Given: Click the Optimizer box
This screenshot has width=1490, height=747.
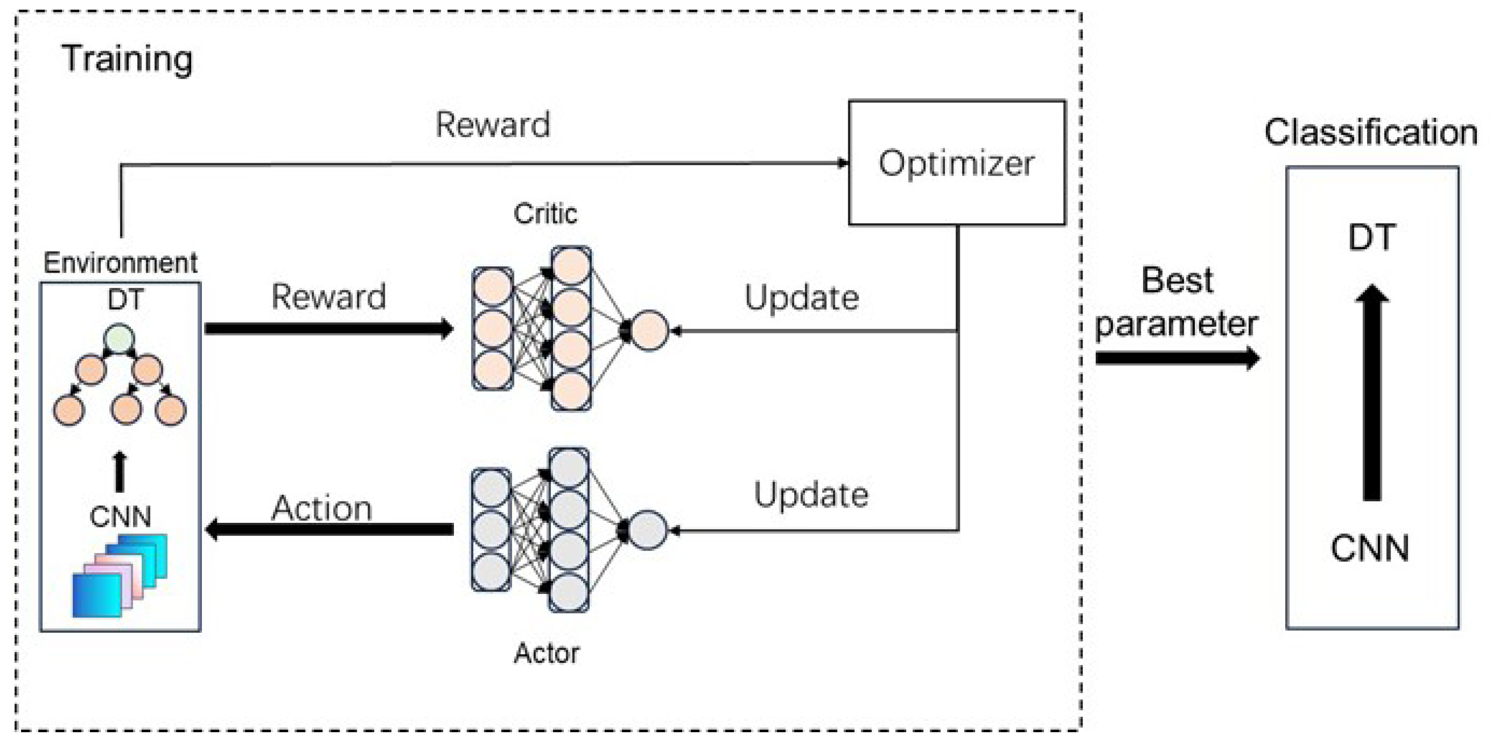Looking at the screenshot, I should point(956,163).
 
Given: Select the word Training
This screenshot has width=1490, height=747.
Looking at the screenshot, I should point(127,59).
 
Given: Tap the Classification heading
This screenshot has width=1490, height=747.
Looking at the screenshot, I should point(1371,132).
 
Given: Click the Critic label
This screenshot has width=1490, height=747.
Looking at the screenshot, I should point(545,213).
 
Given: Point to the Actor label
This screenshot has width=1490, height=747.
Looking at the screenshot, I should point(546,653).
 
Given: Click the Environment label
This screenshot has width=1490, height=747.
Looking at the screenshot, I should point(120,263).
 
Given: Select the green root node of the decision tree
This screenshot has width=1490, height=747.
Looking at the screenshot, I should point(119,339).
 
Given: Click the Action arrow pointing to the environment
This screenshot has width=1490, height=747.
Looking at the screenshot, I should point(330,529).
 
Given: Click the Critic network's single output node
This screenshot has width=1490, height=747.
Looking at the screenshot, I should point(649,331).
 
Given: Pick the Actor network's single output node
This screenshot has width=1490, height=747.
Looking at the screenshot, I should point(647,530).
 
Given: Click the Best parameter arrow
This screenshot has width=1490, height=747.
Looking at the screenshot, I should point(1177,358).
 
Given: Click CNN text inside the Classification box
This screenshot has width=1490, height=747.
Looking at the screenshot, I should point(1370,548).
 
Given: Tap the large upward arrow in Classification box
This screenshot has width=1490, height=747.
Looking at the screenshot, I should point(1372,394).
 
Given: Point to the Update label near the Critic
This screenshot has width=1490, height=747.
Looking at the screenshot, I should point(801,298).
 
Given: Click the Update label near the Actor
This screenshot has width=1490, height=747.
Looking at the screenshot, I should point(810,496).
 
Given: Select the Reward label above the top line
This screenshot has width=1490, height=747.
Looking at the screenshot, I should point(492,125).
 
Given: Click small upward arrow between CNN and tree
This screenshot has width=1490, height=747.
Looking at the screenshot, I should point(119,472).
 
